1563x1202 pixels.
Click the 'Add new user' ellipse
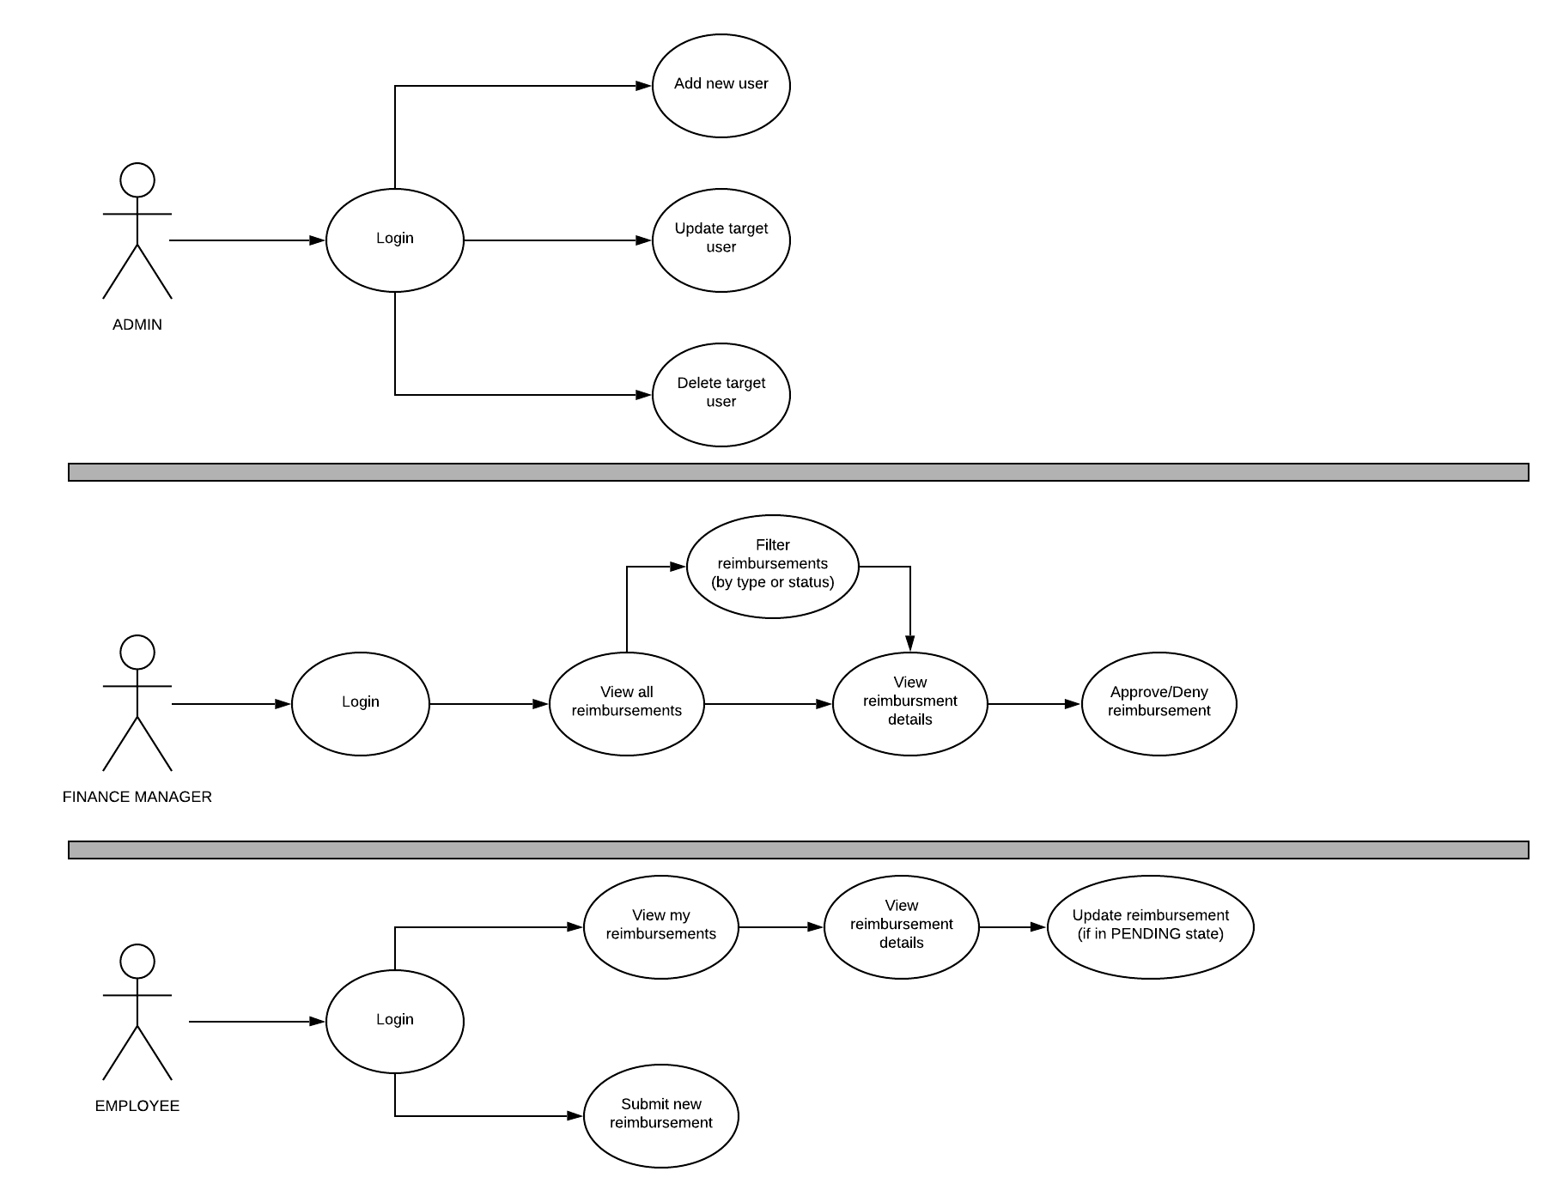coord(721,85)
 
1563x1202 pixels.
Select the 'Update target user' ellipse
coord(721,240)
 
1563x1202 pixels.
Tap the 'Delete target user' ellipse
coord(721,394)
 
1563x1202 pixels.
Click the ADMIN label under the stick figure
coord(137,325)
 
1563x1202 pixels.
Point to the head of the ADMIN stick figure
coord(137,180)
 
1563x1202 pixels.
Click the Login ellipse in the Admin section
coord(394,240)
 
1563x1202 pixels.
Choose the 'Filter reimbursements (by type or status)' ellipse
coord(772,566)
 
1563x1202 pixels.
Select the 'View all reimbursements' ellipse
coord(626,703)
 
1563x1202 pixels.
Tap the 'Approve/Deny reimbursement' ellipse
coord(1159,703)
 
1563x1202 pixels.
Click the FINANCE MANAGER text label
coord(137,797)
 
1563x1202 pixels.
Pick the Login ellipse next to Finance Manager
coord(360,703)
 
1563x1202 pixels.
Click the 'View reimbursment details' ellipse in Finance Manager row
coord(909,703)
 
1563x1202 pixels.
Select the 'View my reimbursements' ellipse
coord(660,926)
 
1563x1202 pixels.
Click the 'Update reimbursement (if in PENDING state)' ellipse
coord(1150,926)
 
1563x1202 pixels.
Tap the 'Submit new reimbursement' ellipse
coord(660,1115)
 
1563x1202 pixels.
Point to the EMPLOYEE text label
coord(137,1106)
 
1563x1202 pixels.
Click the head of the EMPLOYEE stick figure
coord(137,962)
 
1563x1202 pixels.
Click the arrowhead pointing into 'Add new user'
coord(643,86)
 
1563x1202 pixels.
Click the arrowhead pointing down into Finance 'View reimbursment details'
coord(910,643)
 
